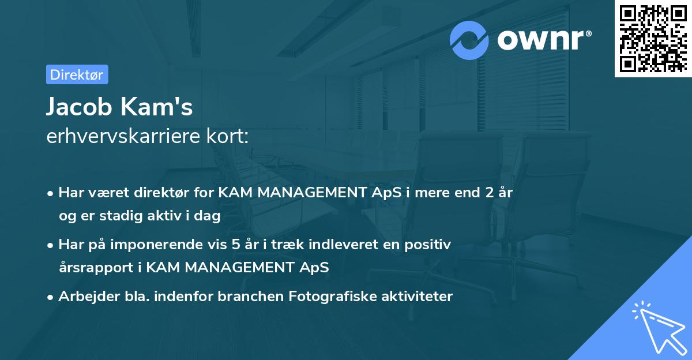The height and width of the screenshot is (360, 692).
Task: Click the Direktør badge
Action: pyautogui.click(x=77, y=74)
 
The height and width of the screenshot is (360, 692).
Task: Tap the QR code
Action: pyautogui.click(x=653, y=38)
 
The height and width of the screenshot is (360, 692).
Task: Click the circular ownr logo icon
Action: pyautogui.click(x=469, y=40)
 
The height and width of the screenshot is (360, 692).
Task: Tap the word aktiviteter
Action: pyautogui.click(x=416, y=297)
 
